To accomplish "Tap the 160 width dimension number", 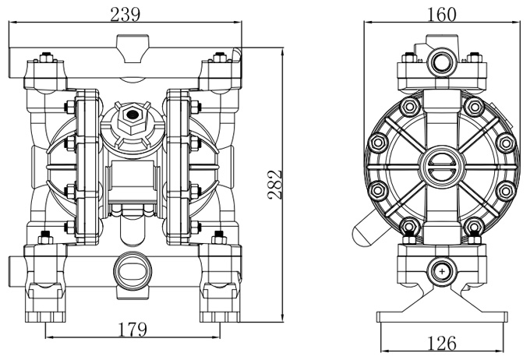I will [x=441, y=14].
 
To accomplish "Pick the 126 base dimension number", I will [x=442, y=343].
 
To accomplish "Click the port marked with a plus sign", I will [x=443, y=270].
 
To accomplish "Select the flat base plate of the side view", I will [x=442, y=316].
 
